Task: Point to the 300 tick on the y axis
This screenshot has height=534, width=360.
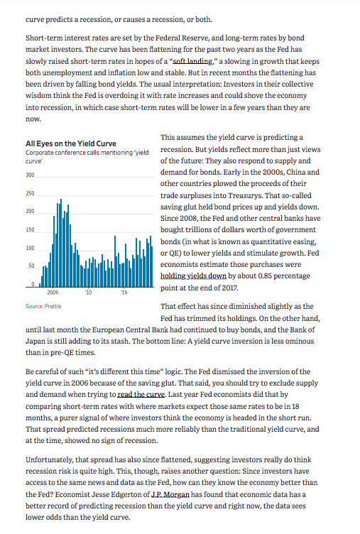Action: [x=30, y=175]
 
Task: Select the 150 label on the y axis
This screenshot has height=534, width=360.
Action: [x=30, y=230]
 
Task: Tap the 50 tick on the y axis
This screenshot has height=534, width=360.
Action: [x=31, y=266]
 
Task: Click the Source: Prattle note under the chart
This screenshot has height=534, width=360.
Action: [x=41, y=306]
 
